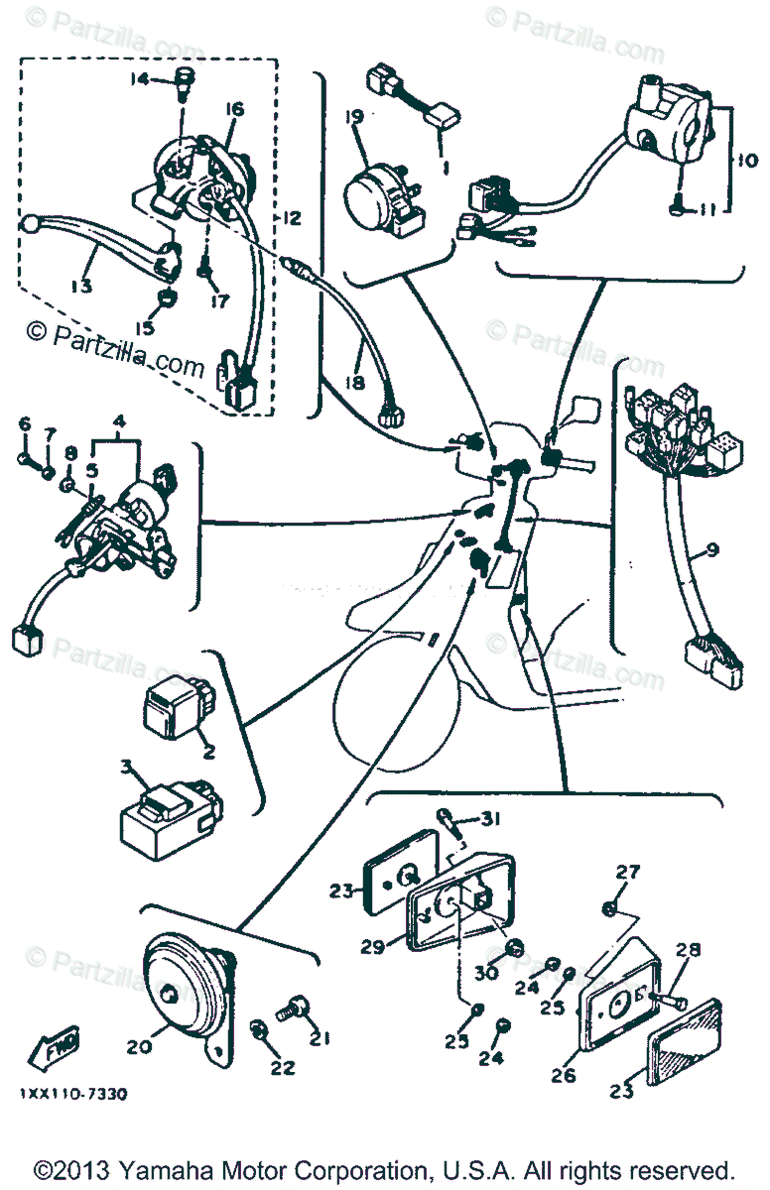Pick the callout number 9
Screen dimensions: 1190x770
(x=712, y=548)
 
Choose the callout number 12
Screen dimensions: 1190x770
(x=291, y=217)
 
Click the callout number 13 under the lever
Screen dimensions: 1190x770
(x=80, y=286)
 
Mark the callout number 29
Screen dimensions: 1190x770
(x=372, y=947)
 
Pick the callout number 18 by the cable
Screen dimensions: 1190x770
(x=354, y=381)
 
